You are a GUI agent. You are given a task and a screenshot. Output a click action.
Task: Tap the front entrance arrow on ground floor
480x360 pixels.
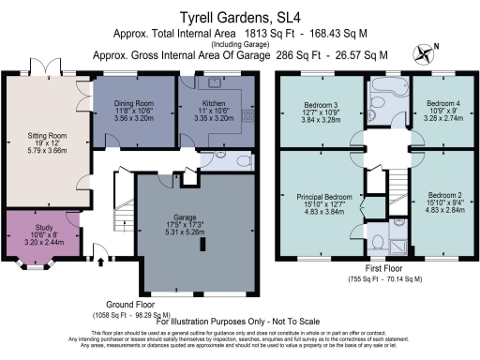coord(97,250)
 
